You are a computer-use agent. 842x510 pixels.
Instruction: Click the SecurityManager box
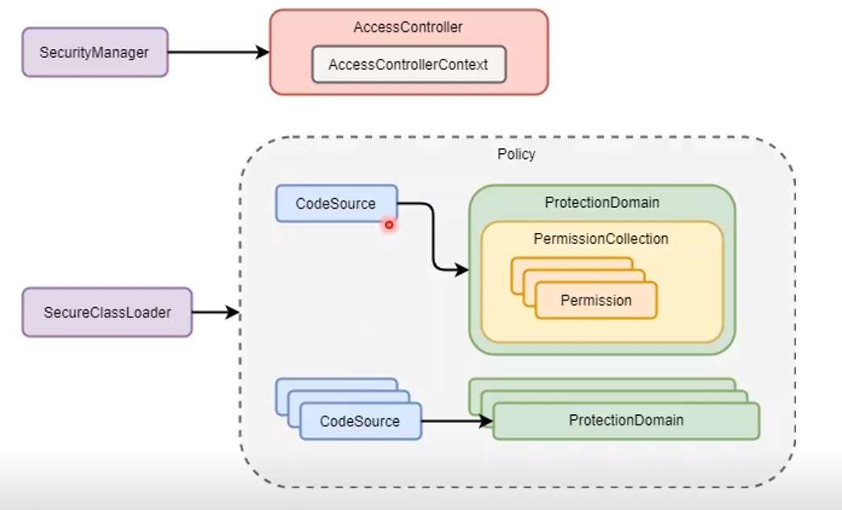click(x=94, y=52)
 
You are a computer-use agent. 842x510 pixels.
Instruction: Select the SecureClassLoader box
click(x=106, y=312)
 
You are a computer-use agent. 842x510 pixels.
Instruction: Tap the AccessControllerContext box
click(x=409, y=64)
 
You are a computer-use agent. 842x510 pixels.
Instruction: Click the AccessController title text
click(x=408, y=27)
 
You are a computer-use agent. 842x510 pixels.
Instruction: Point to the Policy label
click(x=516, y=154)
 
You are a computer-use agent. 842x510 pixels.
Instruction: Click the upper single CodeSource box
click(x=336, y=204)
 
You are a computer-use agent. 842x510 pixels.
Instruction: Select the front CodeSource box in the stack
click(x=360, y=421)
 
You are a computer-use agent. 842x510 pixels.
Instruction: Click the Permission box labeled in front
click(x=596, y=301)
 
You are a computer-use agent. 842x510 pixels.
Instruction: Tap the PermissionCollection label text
click(x=601, y=239)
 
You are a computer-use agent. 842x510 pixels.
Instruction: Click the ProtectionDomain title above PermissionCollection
click(x=601, y=203)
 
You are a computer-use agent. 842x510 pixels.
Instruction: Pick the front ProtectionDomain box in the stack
click(x=626, y=421)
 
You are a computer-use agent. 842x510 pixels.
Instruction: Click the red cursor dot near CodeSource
click(x=388, y=225)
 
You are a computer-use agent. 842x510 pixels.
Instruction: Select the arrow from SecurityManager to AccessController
click(x=218, y=52)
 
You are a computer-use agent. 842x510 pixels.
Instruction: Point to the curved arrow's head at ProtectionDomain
click(x=462, y=270)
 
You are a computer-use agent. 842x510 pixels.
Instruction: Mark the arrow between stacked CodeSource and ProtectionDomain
click(x=455, y=421)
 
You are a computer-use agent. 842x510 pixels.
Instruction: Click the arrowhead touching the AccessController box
click(x=263, y=52)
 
